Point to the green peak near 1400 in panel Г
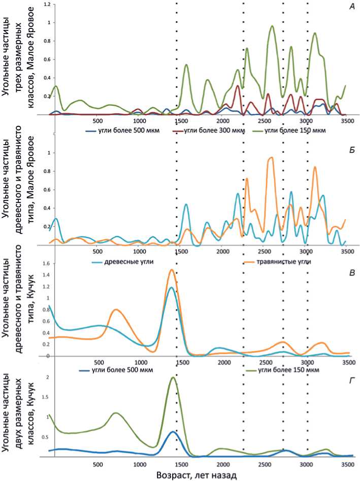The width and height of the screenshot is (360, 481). (x=173, y=377)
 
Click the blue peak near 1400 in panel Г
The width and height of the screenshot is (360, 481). (x=173, y=432)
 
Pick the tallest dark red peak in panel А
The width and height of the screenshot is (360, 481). (x=238, y=86)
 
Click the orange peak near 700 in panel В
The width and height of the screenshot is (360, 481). (x=116, y=310)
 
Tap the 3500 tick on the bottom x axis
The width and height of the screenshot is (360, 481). (x=347, y=464)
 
